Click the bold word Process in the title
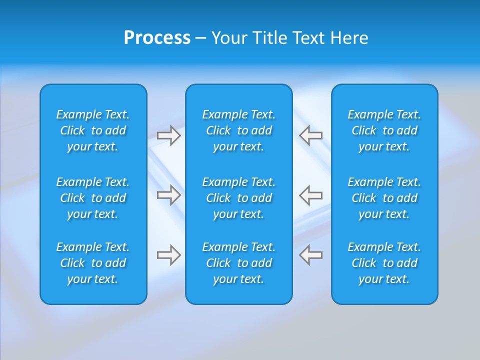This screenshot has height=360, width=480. [x=157, y=38]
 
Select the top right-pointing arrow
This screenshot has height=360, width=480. [x=169, y=135]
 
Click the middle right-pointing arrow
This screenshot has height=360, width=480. [x=169, y=195]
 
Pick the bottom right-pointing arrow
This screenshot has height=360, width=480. [x=169, y=255]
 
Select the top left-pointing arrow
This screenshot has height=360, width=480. [x=311, y=135]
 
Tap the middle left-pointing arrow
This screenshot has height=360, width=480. [x=311, y=195]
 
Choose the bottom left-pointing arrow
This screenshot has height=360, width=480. [x=311, y=255]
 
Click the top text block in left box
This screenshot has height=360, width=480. [x=93, y=130]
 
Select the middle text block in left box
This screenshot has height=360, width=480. [x=93, y=198]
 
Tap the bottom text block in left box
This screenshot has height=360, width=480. [x=93, y=263]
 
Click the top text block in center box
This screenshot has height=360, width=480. [x=239, y=130]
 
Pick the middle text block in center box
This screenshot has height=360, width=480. [x=239, y=198]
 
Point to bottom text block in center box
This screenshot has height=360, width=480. [x=239, y=263]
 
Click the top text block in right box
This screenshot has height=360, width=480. [x=384, y=130]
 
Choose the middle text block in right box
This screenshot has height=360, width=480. [x=384, y=198]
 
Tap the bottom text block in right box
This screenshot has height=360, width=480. [x=384, y=263]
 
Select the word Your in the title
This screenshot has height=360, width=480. [x=228, y=38]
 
